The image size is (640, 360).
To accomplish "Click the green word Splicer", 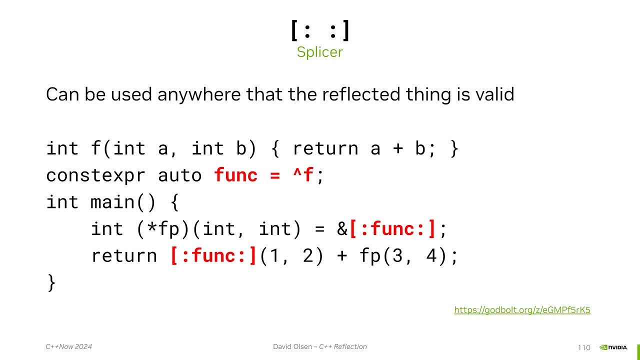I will [x=319, y=52].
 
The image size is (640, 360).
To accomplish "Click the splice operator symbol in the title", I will [x=320, y=30].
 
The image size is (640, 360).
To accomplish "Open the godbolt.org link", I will [x=522, y=310].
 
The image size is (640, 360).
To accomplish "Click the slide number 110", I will [x=583, y=347].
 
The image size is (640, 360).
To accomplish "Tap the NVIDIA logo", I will [x=613, y=347].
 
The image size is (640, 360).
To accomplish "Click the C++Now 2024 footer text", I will [x=69, y=346].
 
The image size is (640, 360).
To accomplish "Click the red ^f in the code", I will [x=303, y=175].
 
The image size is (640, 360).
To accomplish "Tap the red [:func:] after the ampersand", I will [x=392, y=229].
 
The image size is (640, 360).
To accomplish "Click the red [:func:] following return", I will [x=213, y=256].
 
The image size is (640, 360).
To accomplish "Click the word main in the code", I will [x=112, y=202].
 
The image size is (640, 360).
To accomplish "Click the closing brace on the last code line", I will [x=51, y=282].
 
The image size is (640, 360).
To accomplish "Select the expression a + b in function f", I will [x=397, y=149].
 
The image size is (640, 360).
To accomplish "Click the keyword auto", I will [x=180, y=175].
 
